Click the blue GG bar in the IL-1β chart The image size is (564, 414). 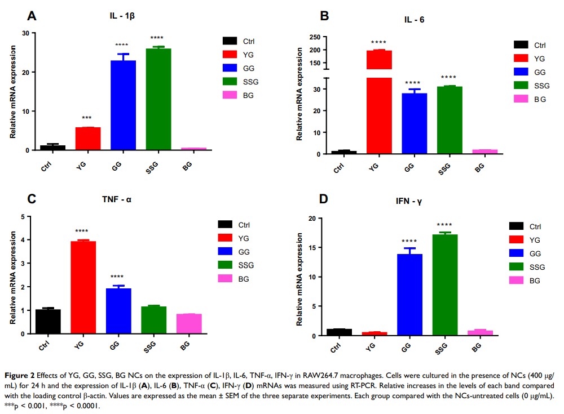123,105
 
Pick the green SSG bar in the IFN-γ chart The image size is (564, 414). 445,285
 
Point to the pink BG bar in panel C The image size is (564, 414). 189,324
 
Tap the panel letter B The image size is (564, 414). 324,16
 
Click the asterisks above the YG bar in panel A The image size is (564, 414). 87,119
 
